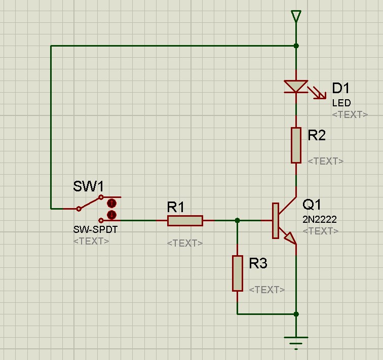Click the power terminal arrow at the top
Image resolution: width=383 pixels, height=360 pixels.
point(296,17)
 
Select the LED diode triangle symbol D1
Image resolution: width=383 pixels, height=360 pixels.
point(296,87)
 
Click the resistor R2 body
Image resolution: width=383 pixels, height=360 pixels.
point(296,145)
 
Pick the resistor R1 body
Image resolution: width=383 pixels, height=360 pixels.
point(185,220)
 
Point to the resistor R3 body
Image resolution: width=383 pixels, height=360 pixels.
point(237,273)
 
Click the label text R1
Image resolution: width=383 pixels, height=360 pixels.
point(176,207)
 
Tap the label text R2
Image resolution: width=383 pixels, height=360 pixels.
point(317,135)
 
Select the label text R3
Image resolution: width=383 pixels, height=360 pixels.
point(258,263)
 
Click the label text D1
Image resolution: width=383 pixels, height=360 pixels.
point(340,89)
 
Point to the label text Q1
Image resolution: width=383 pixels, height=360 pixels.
point(312,205)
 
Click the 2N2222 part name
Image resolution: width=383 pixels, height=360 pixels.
point(320,220)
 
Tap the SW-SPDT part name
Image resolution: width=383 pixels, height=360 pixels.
point(95,229)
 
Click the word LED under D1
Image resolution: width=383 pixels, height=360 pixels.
point(341,103)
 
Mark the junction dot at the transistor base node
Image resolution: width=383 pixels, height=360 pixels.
point(237,220)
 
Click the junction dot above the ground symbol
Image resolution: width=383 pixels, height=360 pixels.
point(296,314)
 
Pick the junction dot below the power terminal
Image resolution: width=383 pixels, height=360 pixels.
point(296,46)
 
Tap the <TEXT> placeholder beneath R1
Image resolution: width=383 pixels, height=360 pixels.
point(185,243)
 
